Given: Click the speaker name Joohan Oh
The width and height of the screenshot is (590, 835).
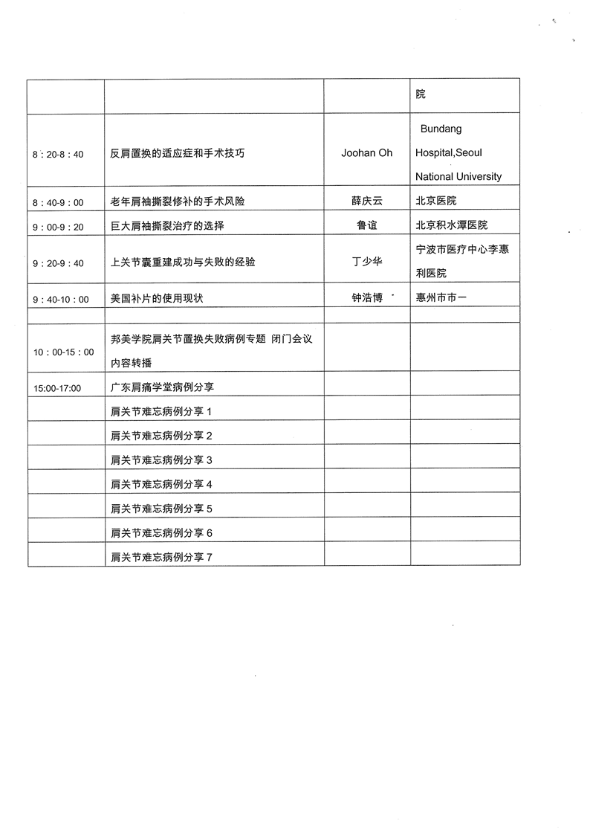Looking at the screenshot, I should (366, 153).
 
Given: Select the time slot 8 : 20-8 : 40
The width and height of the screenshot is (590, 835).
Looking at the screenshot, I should (58, 155).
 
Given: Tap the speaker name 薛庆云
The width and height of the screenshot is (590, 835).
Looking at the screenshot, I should (366, 202).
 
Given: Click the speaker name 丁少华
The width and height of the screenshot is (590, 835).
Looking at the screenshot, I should (366, 262).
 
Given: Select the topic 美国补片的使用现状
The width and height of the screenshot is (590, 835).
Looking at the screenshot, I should (156, 298).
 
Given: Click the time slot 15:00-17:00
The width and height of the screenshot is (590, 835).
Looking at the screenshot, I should (57, 388).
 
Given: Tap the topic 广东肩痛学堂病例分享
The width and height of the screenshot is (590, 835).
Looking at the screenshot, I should (162, 387).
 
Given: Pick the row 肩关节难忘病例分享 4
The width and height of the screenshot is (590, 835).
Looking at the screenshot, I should (161, 484).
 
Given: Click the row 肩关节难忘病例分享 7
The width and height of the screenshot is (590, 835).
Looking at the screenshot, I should (161, 556).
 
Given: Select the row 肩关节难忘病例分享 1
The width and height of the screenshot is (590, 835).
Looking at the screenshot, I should (161, 412).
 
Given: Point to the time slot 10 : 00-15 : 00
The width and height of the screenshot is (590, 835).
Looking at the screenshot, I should (63, 352).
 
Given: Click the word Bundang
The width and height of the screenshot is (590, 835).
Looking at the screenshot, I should (441, 129).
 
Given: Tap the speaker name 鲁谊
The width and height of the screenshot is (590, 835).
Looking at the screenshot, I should (366, 225).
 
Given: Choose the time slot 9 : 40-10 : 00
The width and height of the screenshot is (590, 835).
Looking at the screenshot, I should (60, 300).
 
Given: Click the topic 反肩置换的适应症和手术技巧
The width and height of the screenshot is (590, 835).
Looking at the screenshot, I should (177, 153).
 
